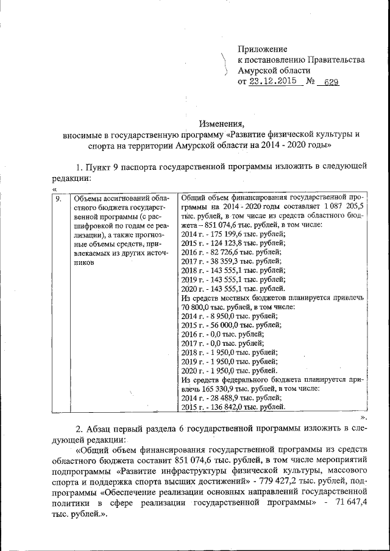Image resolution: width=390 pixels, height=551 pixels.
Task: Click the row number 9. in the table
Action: coord(58,198)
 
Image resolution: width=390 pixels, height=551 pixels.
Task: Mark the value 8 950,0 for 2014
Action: coord(219,317)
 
